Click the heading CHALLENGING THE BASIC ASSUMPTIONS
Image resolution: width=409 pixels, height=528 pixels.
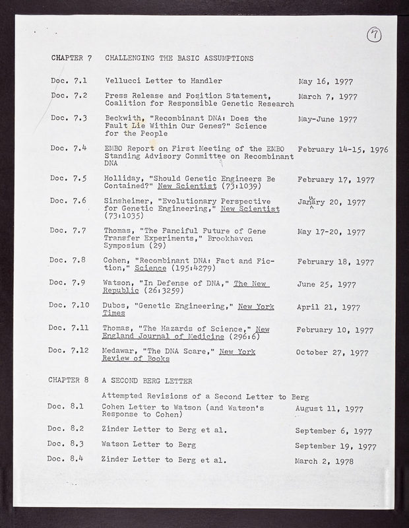[x=179, y=58]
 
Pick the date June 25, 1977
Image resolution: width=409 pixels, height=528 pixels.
[x=327, y=285]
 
